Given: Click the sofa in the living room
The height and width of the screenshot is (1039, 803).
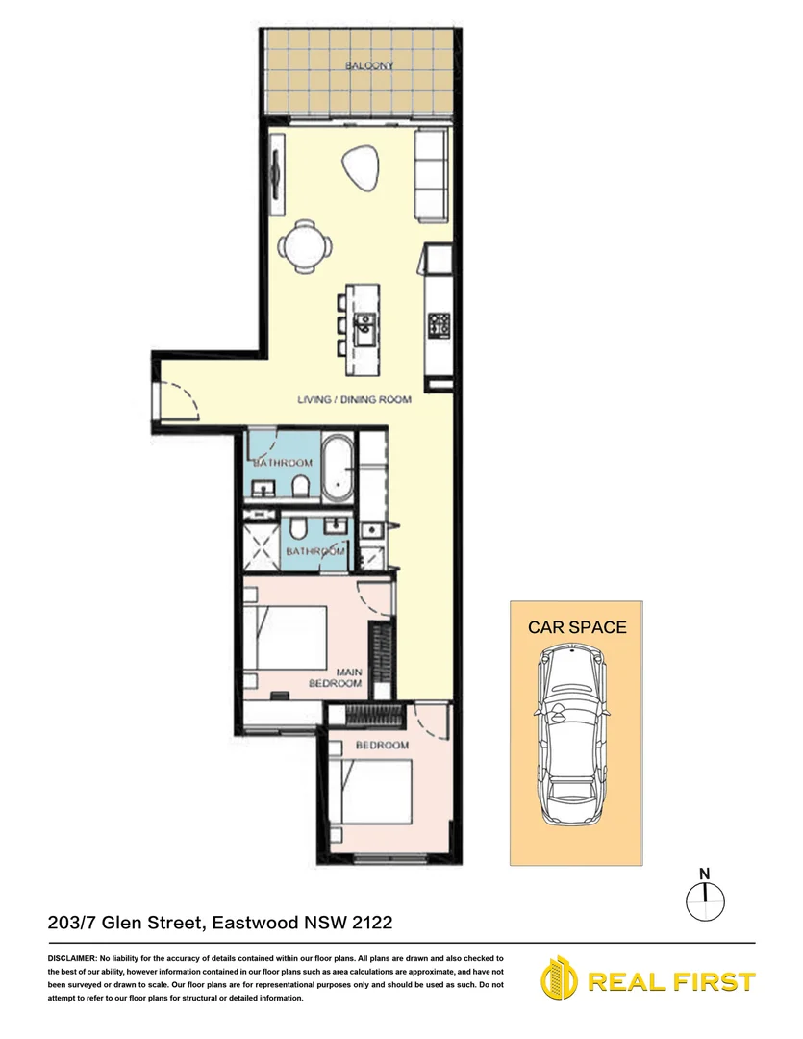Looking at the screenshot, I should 431,176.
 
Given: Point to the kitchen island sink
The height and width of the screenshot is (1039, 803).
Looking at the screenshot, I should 365,330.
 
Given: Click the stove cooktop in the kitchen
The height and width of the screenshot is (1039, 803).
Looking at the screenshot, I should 440,325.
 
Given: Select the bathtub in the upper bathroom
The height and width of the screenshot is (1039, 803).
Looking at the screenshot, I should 337,469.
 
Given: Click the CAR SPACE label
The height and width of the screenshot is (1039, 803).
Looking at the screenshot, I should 577,627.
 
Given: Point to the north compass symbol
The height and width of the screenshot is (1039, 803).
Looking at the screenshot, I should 706,897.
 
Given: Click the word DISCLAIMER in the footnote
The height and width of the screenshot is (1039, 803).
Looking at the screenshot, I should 71,959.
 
